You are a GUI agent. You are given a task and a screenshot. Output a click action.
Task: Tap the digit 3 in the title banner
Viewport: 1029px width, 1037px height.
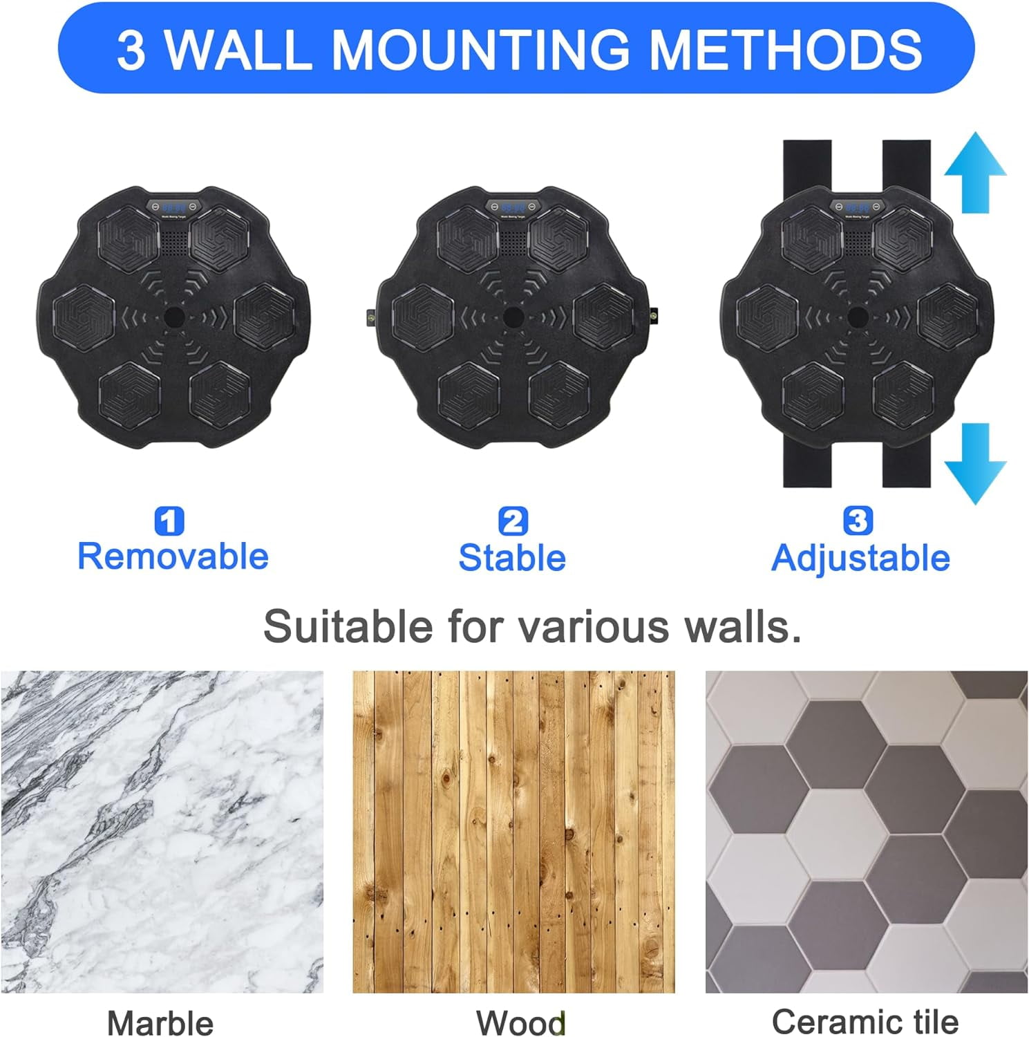tap(131, 49)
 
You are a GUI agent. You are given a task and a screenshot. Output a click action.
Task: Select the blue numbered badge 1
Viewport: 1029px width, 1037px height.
tap(169, 521)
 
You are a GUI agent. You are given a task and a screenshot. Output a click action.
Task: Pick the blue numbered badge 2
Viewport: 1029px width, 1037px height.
tap(513, 521)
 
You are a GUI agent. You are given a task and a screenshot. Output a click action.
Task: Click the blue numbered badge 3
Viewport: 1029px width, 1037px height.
tap(858, 520)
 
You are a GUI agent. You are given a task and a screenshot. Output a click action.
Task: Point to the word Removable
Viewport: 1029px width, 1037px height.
tap(173, 557)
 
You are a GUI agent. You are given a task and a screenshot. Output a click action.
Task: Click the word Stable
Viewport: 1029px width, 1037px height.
tap(512, 557)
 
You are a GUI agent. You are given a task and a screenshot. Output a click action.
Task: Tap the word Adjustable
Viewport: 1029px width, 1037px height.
tap(860, 558)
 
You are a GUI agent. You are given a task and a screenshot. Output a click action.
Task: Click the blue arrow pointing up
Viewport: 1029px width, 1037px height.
tap(975, 173)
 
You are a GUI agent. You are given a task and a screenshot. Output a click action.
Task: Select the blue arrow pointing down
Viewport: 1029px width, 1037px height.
tap(975, 464)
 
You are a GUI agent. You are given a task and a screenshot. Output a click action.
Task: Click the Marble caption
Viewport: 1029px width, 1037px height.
tap(160, 1022)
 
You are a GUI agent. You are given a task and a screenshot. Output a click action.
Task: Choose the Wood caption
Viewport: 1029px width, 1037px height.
tap(520, 1022)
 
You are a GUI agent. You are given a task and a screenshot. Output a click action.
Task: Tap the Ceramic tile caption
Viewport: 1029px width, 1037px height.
tap(865, 1021)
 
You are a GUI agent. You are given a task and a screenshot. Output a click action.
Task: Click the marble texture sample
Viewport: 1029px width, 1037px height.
tap(162, 832)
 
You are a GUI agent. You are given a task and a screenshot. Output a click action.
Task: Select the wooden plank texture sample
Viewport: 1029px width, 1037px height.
tap(513, 832)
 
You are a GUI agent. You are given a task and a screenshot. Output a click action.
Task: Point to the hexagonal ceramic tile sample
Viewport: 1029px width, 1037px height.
tap(867, 832)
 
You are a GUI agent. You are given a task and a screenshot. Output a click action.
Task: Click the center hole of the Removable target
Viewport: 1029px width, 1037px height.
tap(173, 317)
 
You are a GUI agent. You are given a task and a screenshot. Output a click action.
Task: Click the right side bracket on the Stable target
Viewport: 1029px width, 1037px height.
tap(653, 316)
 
